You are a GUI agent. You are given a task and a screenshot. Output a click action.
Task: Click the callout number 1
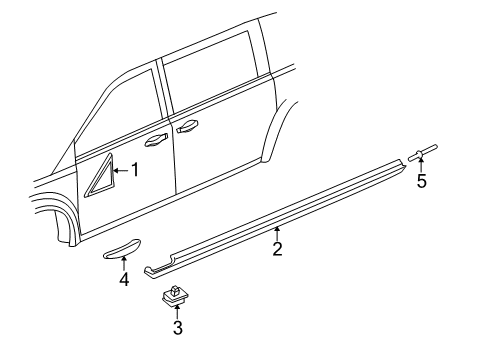[x=135, y=170]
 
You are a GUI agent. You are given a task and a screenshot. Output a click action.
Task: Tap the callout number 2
[x=277, y=249]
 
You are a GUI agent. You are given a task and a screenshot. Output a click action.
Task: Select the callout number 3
[x=178, y=328]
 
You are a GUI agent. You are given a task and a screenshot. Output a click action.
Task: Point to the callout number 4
[x=124, y=279]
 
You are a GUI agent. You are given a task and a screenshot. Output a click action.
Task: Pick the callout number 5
[x=422, y=181]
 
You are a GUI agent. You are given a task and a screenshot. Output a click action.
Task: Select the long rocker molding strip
[x=275, y=218]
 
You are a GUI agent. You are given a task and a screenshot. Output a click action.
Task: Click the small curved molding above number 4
[x=121, y=249]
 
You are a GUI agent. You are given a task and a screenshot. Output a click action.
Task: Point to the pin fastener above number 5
[x=422, y=153]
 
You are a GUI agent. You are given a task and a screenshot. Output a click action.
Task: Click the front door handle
[x=156, y=140]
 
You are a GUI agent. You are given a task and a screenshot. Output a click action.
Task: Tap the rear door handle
[x=188, y=127]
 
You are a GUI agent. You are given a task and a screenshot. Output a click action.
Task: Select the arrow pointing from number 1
[x=121, y=170]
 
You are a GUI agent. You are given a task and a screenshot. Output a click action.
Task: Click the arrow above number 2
[x=277, y=233]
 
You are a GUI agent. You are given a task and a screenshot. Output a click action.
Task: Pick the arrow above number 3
[x=177, y=312]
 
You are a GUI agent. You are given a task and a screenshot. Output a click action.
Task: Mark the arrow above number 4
[x=124, y=263]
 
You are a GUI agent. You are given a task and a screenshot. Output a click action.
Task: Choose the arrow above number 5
[x=421, y=166]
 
